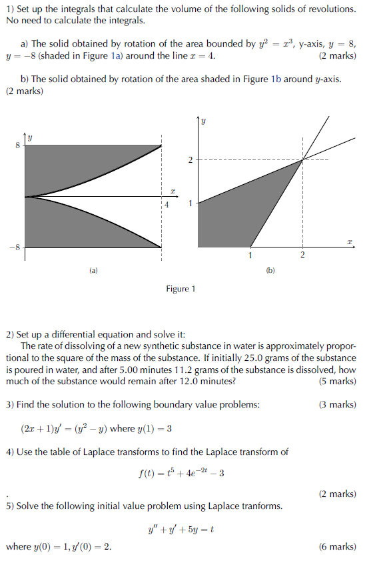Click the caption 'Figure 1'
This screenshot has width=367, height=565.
pos(181,289)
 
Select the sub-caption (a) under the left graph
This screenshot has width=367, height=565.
pos(93,271)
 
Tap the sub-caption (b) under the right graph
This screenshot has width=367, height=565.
pos(270,271)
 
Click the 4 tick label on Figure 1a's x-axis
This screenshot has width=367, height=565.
pos(167,205)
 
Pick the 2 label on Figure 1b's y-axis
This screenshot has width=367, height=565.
pos(190,160)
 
